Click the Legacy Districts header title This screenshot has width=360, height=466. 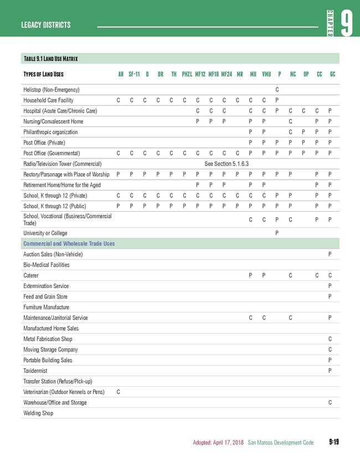(46, 25)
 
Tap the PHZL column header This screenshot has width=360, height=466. (187, 74)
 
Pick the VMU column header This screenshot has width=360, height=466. (266, 74)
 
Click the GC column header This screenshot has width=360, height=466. (332, 74)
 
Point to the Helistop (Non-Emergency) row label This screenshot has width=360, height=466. (52, 90)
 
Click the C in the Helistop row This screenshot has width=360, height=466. (277, 90)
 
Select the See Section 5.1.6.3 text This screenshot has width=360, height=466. (227, 164)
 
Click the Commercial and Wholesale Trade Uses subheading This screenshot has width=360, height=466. (69, 243)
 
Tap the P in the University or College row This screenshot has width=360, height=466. (277, 233)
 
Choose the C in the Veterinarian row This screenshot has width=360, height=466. (119, 392)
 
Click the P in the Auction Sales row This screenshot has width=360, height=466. (330, 254)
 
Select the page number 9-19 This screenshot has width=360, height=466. (333, 442)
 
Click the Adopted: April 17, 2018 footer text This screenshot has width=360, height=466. (218, 443)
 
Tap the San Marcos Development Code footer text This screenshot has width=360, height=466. (281, 443)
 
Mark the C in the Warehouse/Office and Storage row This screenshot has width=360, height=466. (330, 402)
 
